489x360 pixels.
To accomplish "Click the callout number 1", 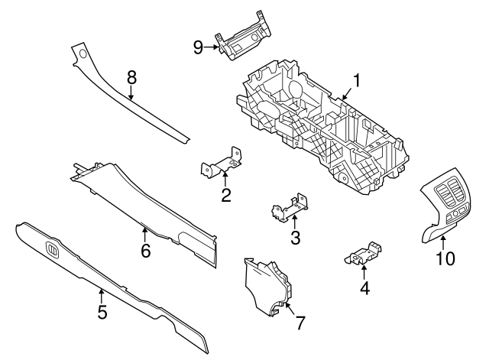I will (x=356, y=79).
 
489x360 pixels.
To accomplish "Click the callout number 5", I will (x=102, y=313).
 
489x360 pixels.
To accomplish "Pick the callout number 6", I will (x=146, y=250).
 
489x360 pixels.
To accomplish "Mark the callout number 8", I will (x=131, y=76).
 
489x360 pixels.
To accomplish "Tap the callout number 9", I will (x=198, y=47).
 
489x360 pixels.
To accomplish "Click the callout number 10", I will (x=445, y=258).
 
